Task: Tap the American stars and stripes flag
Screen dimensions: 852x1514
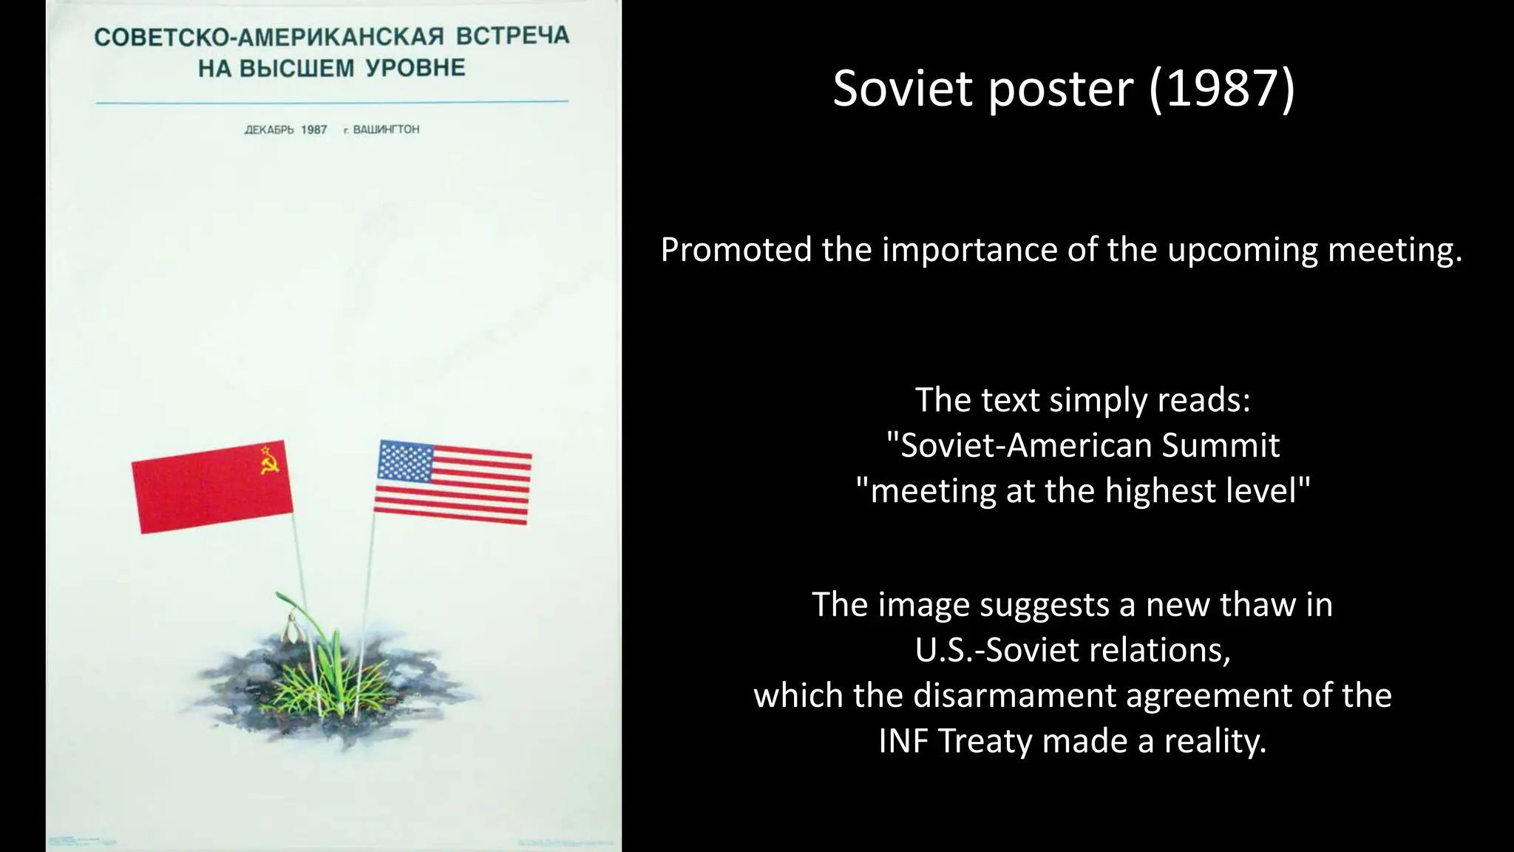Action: (452, 482)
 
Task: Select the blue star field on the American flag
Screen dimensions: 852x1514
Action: (404, 461)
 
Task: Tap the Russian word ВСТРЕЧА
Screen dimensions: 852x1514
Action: (512, 35)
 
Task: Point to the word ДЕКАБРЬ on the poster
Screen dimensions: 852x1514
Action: (269, 130)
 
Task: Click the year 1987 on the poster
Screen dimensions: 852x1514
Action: (314, 130)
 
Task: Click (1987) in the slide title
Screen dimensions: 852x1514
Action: (1221, 89)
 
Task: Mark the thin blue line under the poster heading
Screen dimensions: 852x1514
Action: (332, 102)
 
